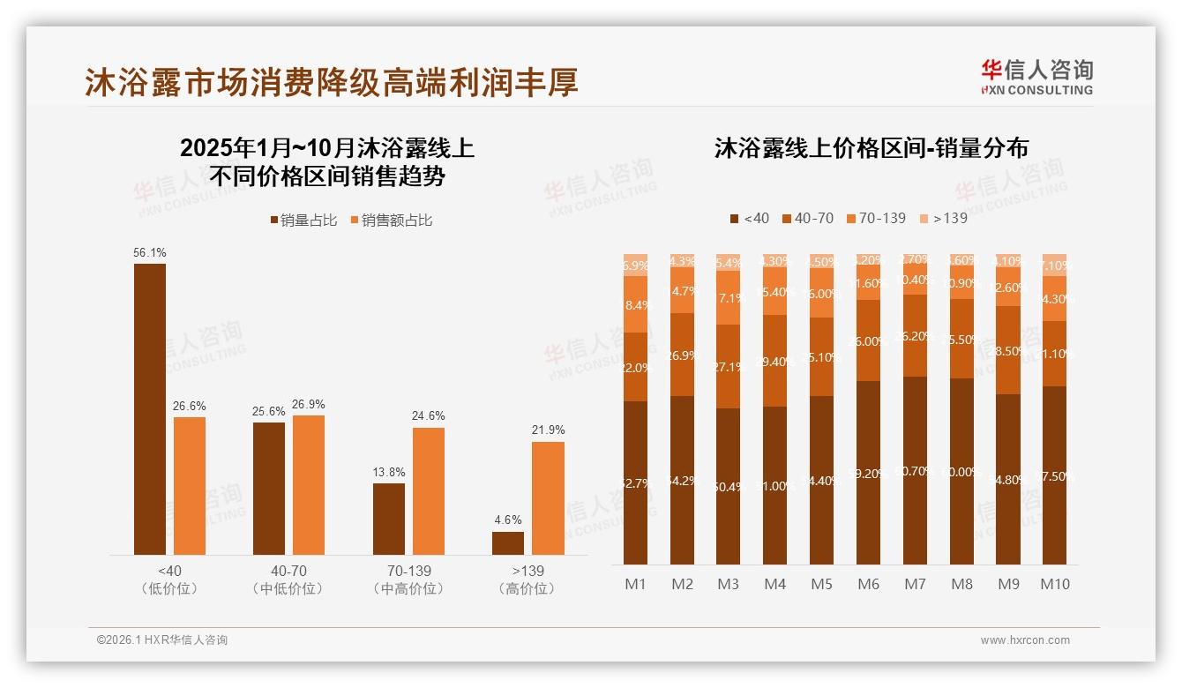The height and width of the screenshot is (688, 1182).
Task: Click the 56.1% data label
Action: pyautogui.click(x=150, y=252)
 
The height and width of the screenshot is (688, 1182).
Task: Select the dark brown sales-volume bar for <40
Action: pyautogui.click(x=150, y=409)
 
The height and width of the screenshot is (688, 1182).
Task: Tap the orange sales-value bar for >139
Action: pyautogui.click(x=548, y=498)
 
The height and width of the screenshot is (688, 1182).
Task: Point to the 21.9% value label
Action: pyautogui.click(x=548, y=430)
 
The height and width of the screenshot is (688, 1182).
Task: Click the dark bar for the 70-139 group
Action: pyautogui.click(x=389, y=520)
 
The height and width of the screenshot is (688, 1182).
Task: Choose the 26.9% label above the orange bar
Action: pyautogui.click(x=309, y=404)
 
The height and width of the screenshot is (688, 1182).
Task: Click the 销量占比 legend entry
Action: pyautogui.click(x=303, y=220)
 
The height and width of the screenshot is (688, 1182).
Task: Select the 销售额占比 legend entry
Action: pyautogui.click(x=392, y=220)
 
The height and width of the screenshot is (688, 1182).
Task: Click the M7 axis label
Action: pyautogui.click(x=915, y=584)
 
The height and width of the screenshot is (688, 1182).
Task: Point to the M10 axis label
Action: pyautogui.click(x=1055, y=584)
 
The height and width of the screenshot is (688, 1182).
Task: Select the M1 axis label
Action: pyautogui.click(x=635, y=584)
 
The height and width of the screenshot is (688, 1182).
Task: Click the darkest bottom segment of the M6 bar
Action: pyautogui.click(x=868, y=473)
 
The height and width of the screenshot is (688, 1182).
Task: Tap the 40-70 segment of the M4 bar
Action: pyautogui.click(x=774, y=361)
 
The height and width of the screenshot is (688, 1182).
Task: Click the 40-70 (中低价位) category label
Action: pyautogui.click(x=287, y=580)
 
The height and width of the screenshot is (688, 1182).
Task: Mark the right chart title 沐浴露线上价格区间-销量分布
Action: pyautogui.click(x=872, y=148)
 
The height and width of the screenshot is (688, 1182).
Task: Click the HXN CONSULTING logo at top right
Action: pyautogui.click(x=1036, y=77)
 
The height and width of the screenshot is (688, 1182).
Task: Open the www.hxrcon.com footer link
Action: pyautogui.click(x=1025, y=640)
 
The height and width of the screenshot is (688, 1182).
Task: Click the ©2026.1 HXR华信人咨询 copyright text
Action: pyautogui.click(x=162, y=640)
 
